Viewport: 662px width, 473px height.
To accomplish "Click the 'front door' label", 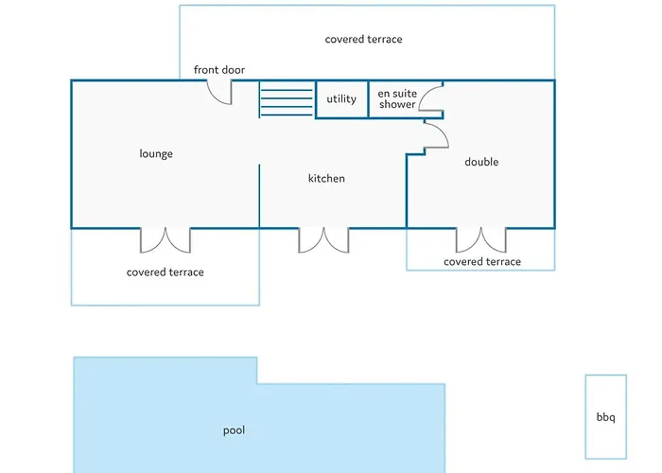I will (x=219, y=70).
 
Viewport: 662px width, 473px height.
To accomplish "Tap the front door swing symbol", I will (x=220, y=92).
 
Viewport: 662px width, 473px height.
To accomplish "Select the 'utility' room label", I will (x=341, y=98).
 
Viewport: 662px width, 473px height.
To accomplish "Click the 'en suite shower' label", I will (x=396, y=99).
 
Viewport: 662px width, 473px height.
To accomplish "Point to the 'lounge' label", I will (x=156, y=153).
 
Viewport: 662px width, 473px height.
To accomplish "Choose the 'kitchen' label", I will (x=326, y=178).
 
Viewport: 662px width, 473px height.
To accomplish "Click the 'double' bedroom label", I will (x=481, y=162).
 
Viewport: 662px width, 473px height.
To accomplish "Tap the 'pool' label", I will (x=234, y=430).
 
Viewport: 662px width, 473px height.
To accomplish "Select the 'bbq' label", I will (x=605, y=416).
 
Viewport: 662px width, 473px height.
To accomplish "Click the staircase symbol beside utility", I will (x=287, y=99).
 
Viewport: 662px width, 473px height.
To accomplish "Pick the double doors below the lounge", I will (x=165, y=239).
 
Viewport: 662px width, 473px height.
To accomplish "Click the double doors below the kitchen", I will (x=323, y=239).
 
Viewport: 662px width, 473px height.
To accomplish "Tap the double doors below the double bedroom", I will (x=481, y=239).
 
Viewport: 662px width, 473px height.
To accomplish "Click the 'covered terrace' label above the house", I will (x=363, y=40).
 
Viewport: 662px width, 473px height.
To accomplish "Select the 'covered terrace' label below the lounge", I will (x=165, y=272).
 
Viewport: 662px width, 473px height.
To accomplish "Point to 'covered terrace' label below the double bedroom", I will (x=481, y=262).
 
